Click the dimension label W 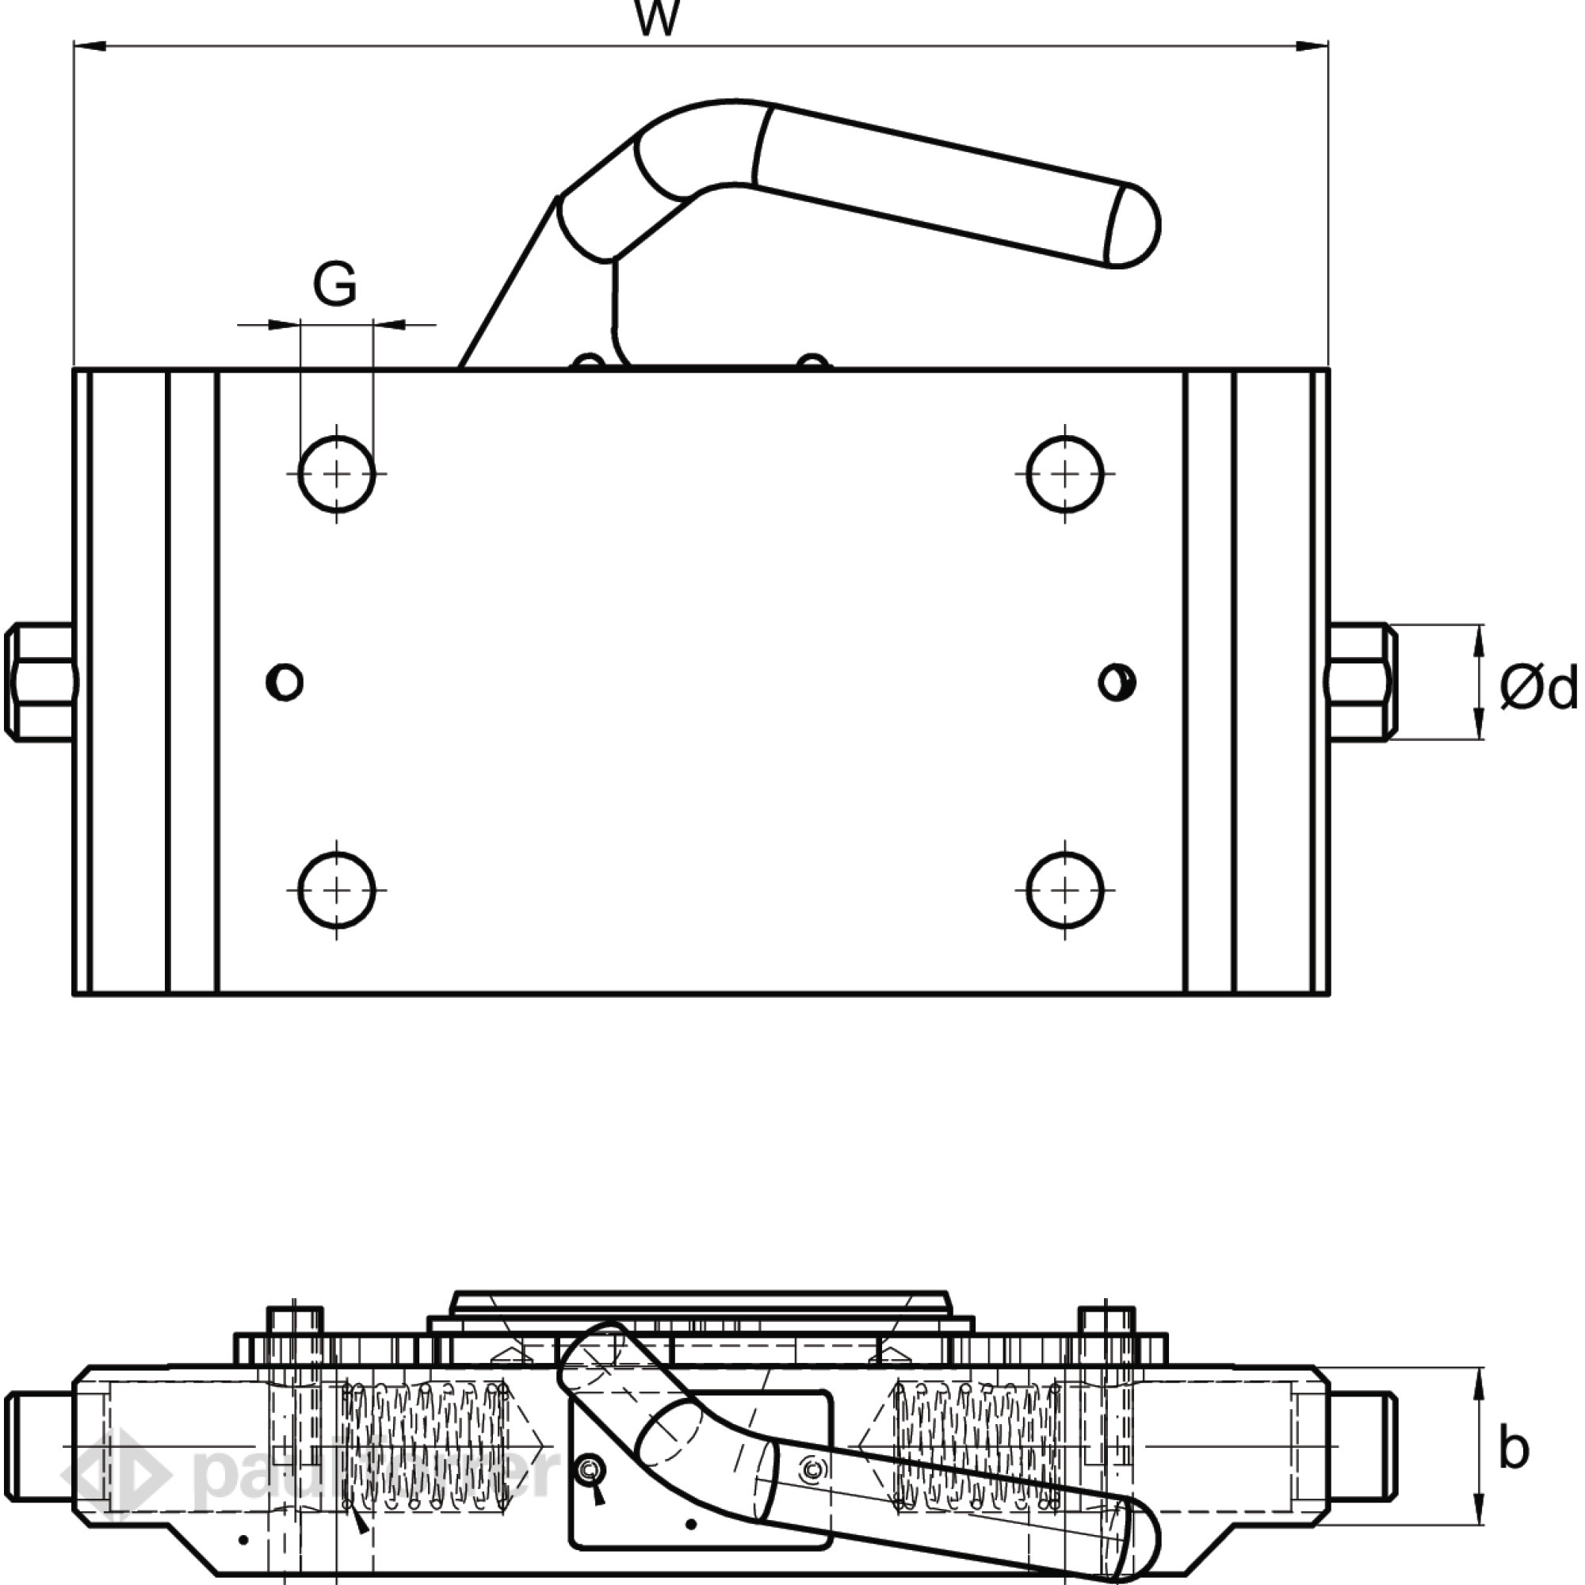pos(657,18)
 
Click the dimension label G pos(334,285)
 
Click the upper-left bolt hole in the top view pos(336,474)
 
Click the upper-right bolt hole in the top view pos(1065,474)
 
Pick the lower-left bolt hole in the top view pos(336,890)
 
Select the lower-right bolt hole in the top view pos(1065,890)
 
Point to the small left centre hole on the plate pos(285,682)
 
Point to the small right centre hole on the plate pos(1117,682)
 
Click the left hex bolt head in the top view pos(39,682)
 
